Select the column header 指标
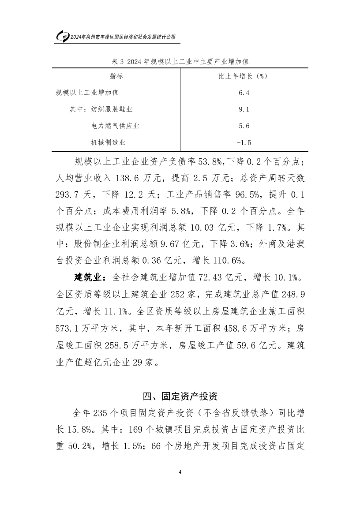point(116,76)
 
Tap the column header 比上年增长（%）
point(244,76)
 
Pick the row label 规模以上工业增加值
point(87,93)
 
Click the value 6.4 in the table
point(244,93)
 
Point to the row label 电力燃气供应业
point(115,126)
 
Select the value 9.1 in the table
point(244,109)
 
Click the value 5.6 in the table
point(244,126)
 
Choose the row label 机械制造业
point(108,142)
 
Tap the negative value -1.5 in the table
point(244,142)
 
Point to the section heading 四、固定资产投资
point(180,396)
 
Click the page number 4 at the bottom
point(180,472)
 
